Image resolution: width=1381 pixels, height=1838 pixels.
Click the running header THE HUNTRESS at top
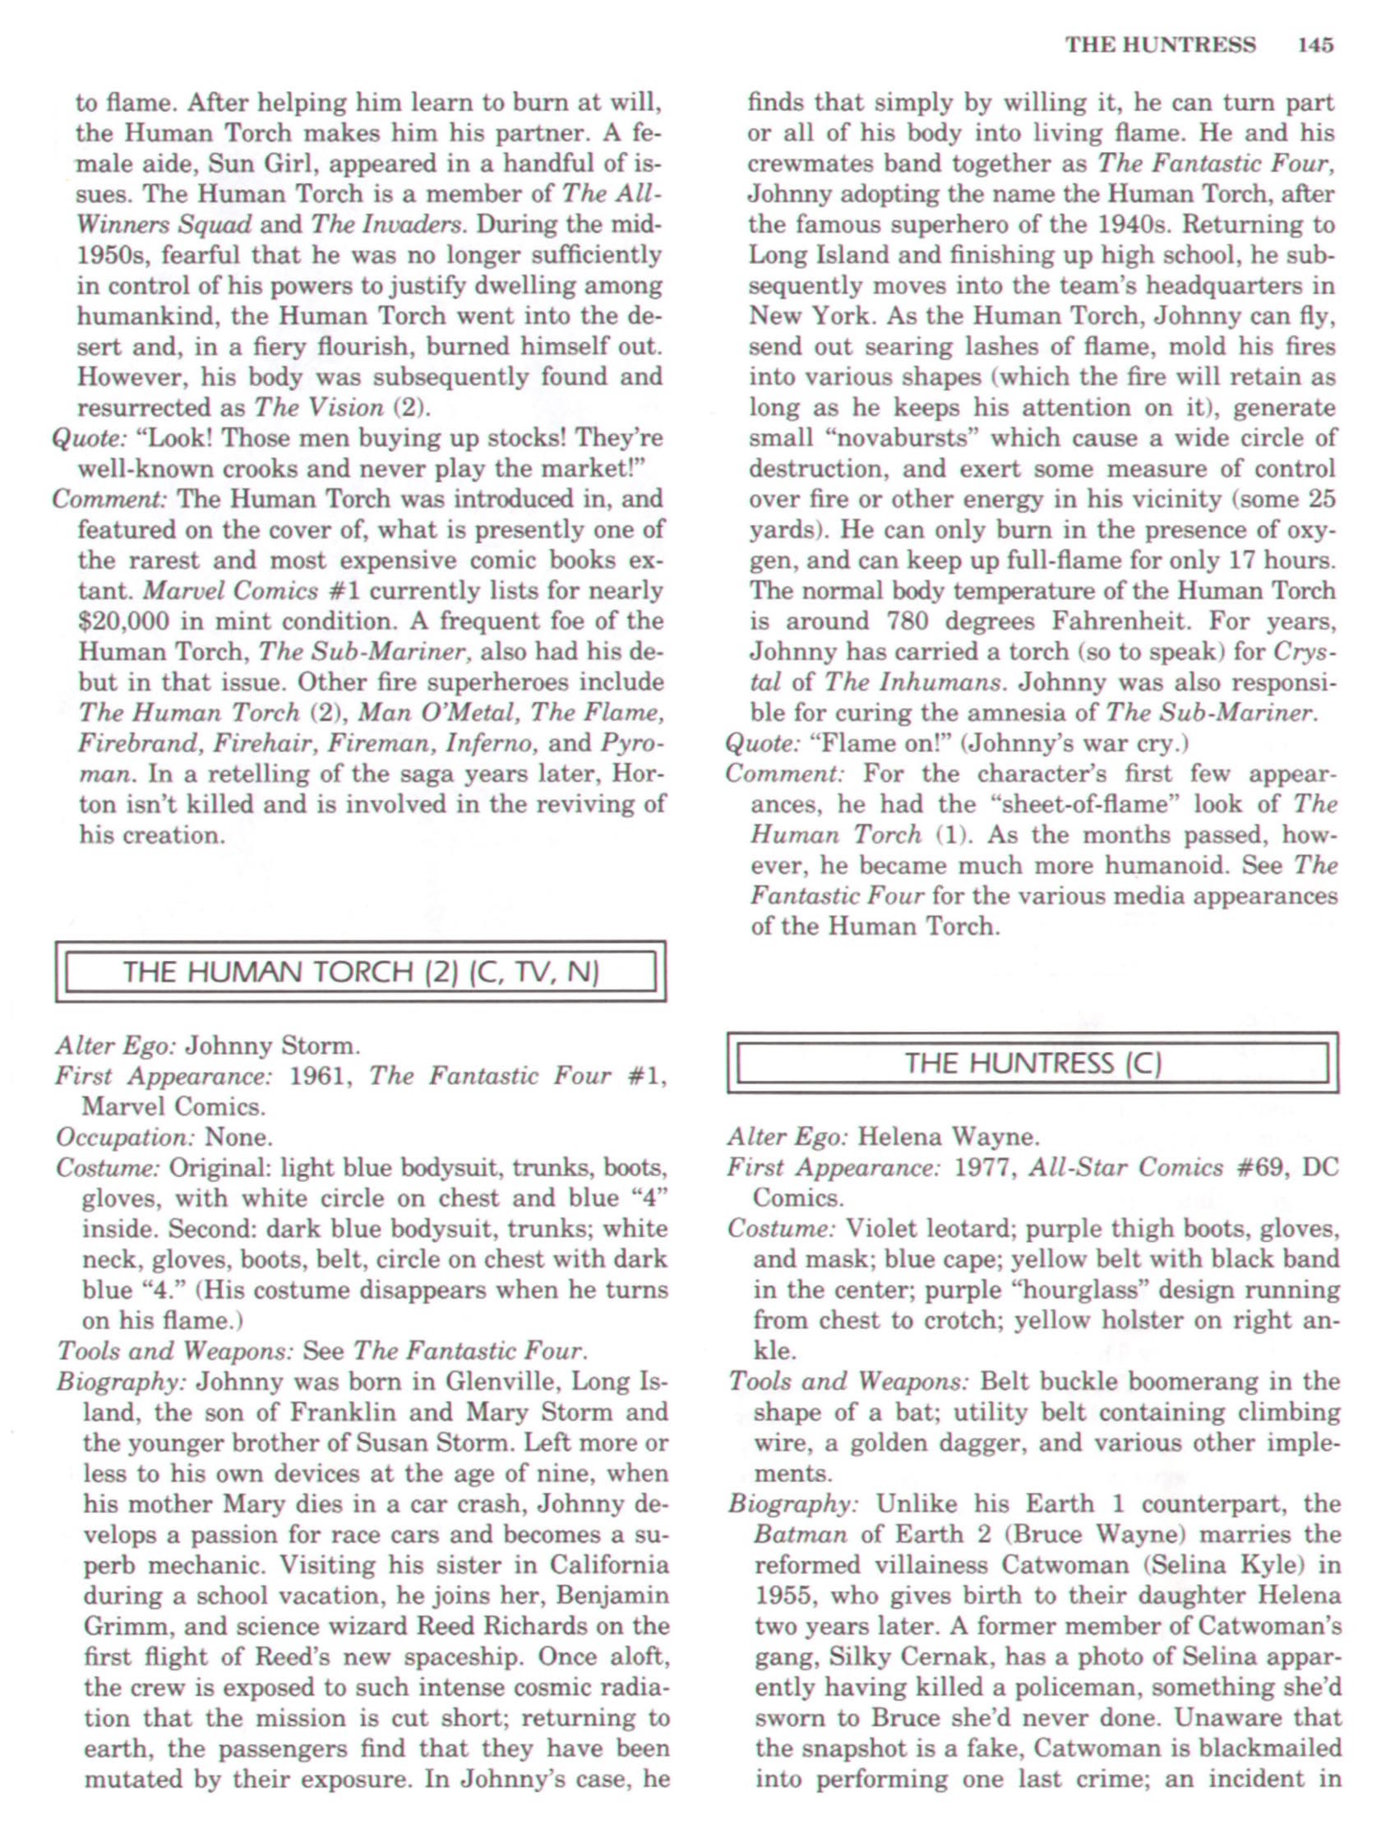coord(1160,45)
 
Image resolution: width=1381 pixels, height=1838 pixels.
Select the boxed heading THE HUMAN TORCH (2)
coord(361,972)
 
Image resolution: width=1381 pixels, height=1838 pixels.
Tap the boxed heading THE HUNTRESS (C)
coord(1032,1063)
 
